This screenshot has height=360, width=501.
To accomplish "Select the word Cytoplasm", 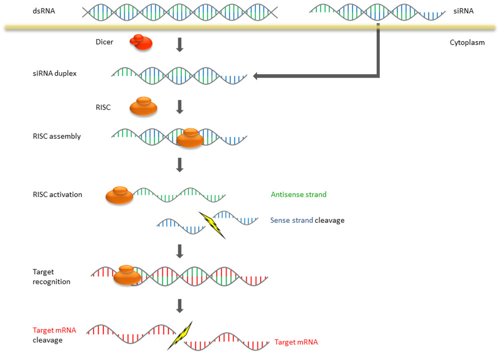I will [x=467, y=43].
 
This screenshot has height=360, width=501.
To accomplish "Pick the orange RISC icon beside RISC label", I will [x=143, y=106].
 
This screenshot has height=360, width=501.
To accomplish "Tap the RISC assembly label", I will [x=57, y=136].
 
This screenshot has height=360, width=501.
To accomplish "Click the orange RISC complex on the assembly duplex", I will [x=190, y=138].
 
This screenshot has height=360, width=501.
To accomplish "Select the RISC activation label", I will [x=58, y=194].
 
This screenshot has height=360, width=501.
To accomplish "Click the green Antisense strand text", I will [x=299, y=194].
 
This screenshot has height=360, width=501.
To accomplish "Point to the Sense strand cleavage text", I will [x=307, y=220].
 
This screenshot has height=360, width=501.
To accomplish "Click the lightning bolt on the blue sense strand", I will [x=212, y=224].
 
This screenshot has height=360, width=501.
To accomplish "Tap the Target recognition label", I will [x=51, y=277].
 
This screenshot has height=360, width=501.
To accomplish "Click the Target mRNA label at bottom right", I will [x=296, y=342].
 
